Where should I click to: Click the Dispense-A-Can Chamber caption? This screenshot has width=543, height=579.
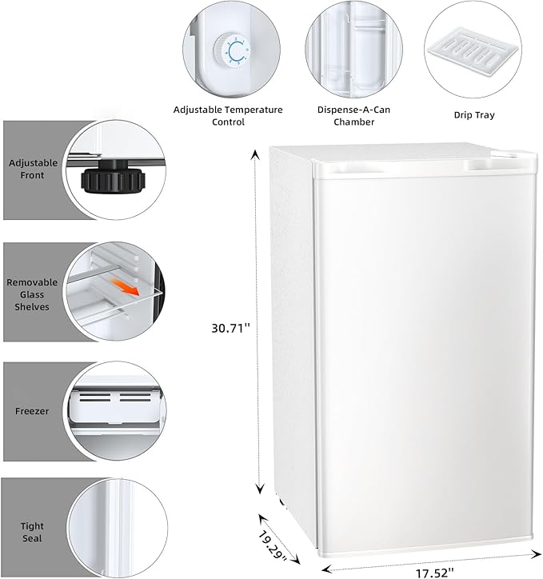point(343,115)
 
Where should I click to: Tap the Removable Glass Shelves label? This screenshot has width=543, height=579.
point(32,294)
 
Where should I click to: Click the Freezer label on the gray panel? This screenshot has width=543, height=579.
point(32,411)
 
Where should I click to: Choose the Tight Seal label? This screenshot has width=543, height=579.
point(32,532)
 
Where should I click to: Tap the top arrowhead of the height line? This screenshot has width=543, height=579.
point(256,154)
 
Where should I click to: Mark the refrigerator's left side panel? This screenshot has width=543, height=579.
point(286,336)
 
